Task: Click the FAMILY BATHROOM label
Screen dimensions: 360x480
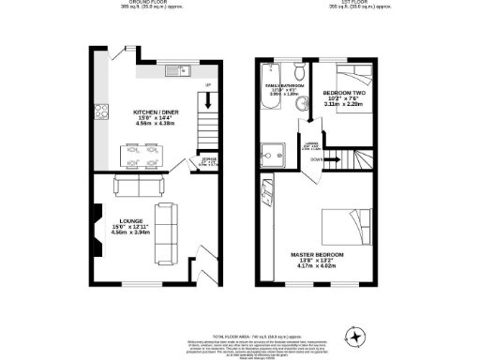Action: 283,85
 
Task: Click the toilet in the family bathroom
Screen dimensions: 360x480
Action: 297,74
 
